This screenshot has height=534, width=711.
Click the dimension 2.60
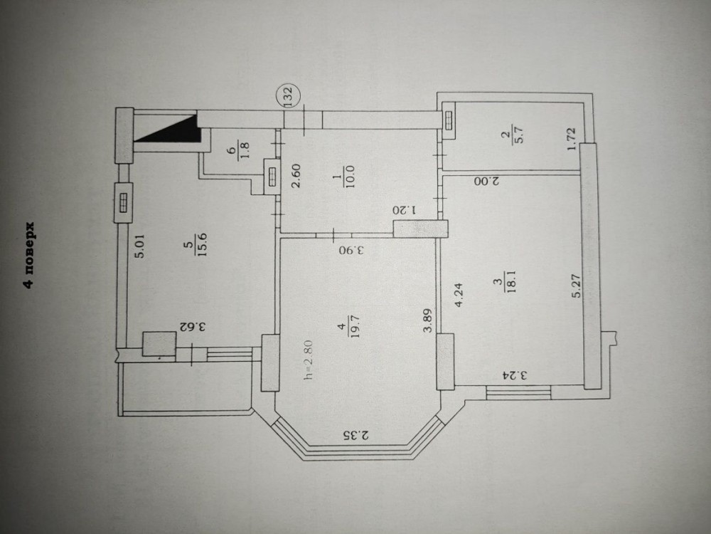click(299, 175)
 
